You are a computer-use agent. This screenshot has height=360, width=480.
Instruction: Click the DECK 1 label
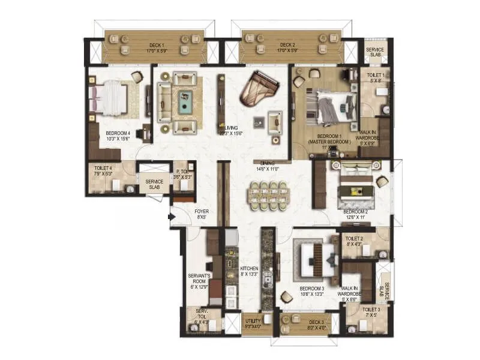[x=156, y=45]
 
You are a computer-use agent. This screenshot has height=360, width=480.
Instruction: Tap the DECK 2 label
[x=287, y=45]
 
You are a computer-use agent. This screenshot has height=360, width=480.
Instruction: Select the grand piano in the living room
[x=258, y=89]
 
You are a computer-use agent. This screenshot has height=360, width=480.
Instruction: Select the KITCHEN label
[x=249, y=268]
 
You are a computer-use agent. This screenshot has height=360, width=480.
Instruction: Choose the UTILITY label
[x=253, y=322]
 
